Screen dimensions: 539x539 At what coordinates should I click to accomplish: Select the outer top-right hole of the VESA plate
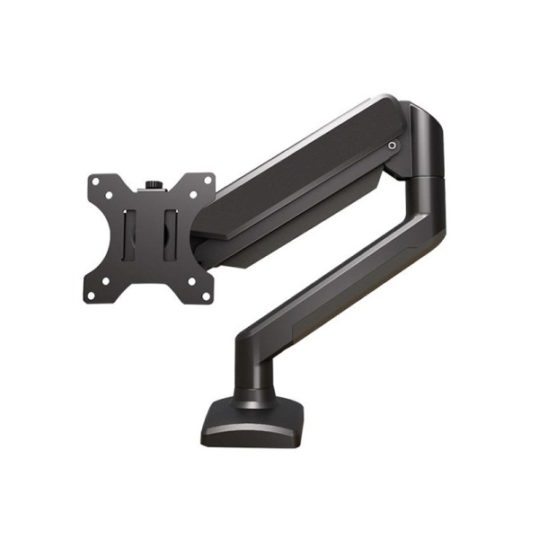coord(209,180)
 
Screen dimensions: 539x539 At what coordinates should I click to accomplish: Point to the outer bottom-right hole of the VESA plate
coord(208,296)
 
